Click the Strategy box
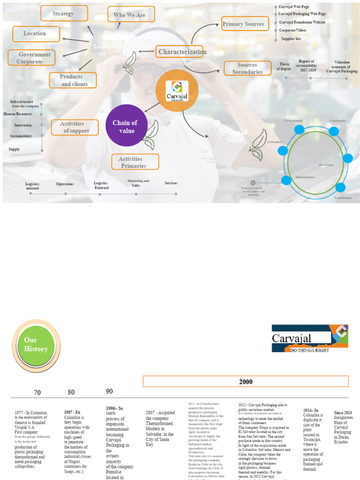coord(64,14)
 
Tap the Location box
coord(36,34)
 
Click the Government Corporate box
coord(32,58)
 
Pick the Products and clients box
coord(73,80)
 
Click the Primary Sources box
coord(245,24)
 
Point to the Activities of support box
coord(75,127)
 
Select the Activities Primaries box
coord(135,162)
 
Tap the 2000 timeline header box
coord(246,382)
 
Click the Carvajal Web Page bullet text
coord(294,7)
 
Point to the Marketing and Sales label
coord(138,183)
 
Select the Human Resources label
coord(18,114)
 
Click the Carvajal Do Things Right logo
coord(310,338)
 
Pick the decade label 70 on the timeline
coord(37,392)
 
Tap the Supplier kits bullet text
coord(291,38)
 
